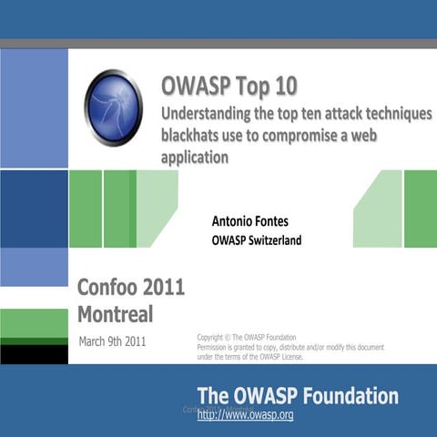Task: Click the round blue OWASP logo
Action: [x=113, y=107]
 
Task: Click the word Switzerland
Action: [x=269, y=240]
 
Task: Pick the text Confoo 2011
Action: [x=131, y=288]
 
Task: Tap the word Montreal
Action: [x=115, y=315]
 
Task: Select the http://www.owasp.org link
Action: [x=246, y=415]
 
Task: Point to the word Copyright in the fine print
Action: [x=214, y=337]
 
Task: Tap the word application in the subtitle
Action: [x=193, y=156]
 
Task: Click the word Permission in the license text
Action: [x=217, y=347]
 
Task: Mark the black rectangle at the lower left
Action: [x=34, y=353]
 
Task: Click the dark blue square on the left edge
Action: [x=34, y=208]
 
